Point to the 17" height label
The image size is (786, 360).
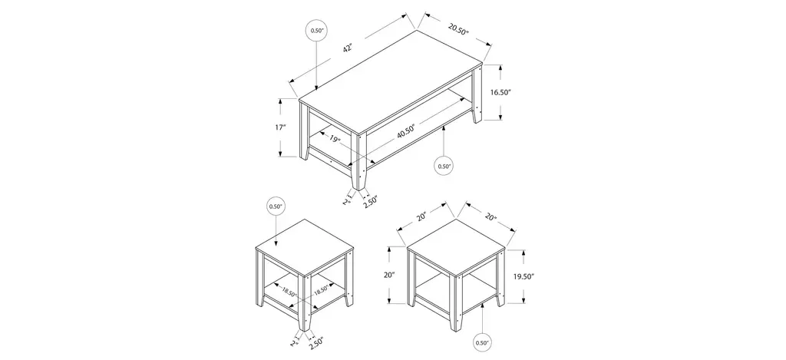tap(280, 127)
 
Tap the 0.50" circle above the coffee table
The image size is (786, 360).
tap(317, 31)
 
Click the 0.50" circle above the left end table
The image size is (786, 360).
tap(276, 206)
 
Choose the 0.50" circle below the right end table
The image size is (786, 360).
tap(481, 342)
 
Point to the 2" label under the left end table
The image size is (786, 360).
tap(294, 342)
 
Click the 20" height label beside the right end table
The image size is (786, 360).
tap(391, 275)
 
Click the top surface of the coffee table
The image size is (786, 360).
tap(391, 81)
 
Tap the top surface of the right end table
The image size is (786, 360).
tap(457, 246)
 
